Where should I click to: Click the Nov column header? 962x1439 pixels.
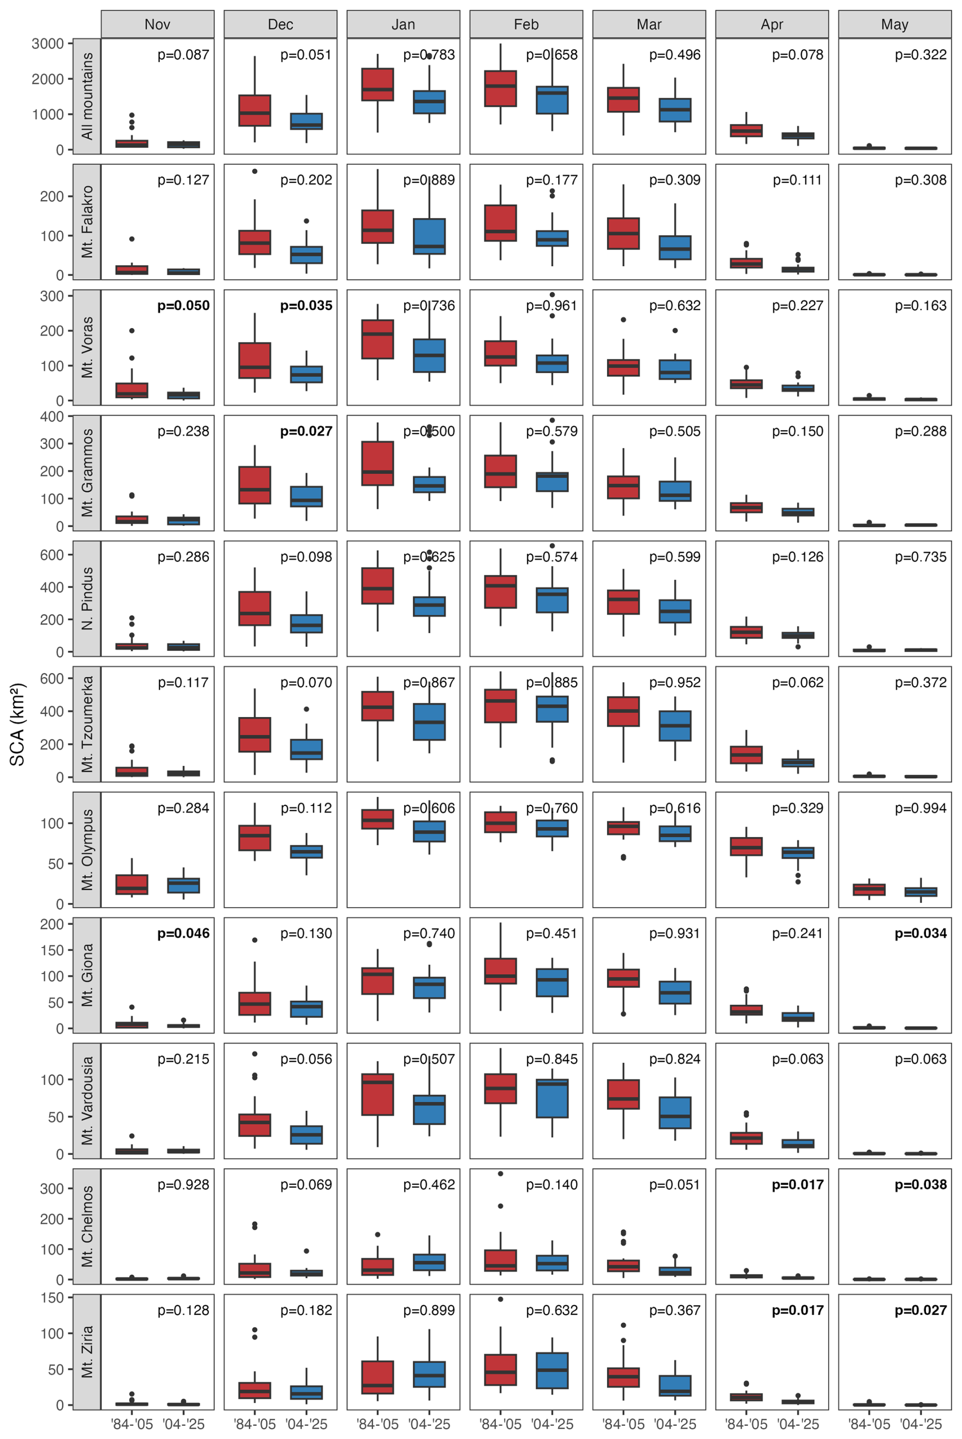coord(157,24)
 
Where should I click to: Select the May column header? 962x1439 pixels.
coord(894,24)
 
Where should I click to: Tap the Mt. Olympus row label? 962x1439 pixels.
coord(87,850)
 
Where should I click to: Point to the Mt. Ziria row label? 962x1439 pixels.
coord(87,1351)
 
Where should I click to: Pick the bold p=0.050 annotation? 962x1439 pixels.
coord(184,306)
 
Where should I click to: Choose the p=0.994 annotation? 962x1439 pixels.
coord(920,808)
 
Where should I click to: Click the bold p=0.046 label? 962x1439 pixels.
coord(184,933)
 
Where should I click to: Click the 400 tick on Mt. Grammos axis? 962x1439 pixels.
coord(51,416)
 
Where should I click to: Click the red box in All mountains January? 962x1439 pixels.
coord(377,84)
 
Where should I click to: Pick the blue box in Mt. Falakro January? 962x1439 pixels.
coord(430,236)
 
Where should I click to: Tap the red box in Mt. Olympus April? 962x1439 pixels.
coord(746,847)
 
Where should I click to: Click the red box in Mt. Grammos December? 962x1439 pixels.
coord(255,485)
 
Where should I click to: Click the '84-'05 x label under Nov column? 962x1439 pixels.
coord(132,1424)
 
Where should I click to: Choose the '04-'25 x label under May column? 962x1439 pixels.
coord(920,1424)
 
